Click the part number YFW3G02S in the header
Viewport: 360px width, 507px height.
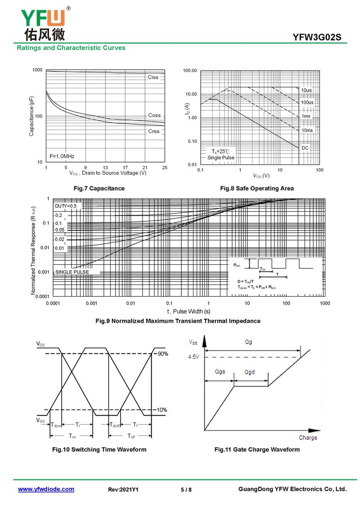tap(319, 38)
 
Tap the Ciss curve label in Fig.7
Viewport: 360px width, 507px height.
tap(153, 77)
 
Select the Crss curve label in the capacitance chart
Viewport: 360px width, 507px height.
tap(153, 131)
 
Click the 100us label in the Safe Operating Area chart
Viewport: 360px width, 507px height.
tap(307, 103)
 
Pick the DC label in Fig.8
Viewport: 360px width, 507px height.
tap(305, 148)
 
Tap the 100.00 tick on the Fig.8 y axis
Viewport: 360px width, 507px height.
tap(191, 71)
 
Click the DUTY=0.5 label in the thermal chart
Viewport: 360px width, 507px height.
tap(66, 206)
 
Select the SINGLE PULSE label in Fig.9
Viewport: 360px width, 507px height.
tap(72, 272)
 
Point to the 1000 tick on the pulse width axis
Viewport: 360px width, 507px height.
tap(324, 304)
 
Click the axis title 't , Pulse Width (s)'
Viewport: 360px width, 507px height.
tap(189, 312)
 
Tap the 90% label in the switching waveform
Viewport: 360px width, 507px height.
tap(162, 354)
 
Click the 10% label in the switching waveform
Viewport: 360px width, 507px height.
tap(162, 410)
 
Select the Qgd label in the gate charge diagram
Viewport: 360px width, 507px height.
tap(250, 372)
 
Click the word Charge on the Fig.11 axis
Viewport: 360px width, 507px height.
tap(308, 438)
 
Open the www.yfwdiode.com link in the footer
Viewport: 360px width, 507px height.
tap(46, 489)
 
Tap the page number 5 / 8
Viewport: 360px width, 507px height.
tap(186, 489)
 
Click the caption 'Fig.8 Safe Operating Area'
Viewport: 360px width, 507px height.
tap(256, 188)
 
